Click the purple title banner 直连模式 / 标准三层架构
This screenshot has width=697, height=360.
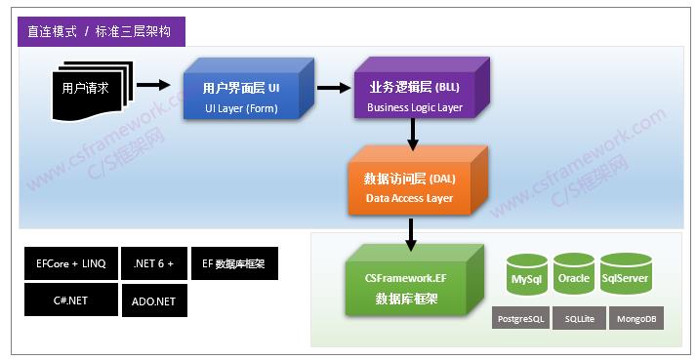tap(101, 31)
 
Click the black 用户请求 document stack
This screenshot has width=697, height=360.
tap(87, 89)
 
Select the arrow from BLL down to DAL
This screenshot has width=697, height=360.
tap(413, 138)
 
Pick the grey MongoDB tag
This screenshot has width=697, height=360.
tap(635, 319)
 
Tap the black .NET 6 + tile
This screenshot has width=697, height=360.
tap(153, 263)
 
